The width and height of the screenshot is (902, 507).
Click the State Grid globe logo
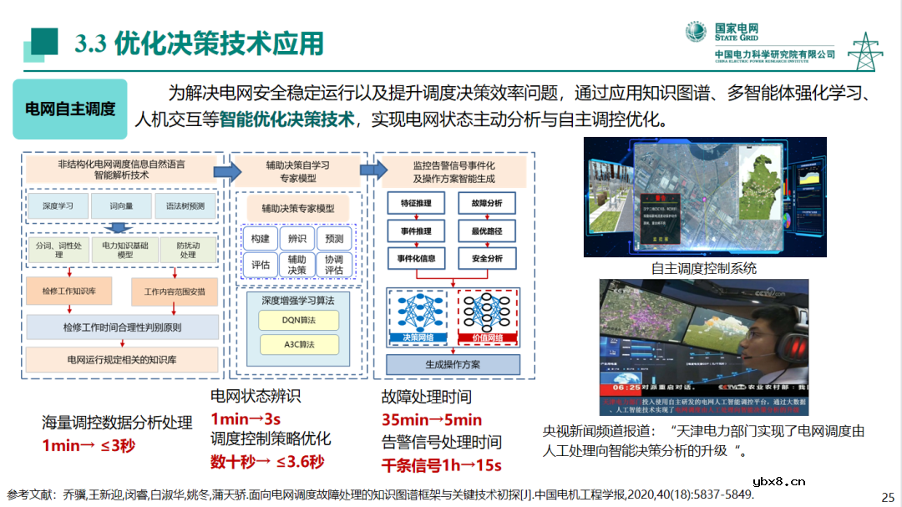696,32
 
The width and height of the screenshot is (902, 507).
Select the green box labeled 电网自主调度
70,109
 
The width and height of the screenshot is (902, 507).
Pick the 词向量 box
120,205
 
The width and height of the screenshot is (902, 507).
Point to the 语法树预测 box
184,205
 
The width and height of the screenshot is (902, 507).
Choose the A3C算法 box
298,344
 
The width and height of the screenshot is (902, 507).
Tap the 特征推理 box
417,203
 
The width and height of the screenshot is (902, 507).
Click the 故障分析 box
487,203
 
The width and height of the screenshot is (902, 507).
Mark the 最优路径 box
487,231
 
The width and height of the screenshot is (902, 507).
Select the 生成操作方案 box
453,365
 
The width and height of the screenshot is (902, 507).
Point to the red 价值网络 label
488,337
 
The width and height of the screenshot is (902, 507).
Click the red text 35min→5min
432,420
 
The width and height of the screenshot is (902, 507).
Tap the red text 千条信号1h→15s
442,465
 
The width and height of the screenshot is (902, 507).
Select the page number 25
888,495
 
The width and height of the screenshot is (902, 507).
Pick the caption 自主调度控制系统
704,268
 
